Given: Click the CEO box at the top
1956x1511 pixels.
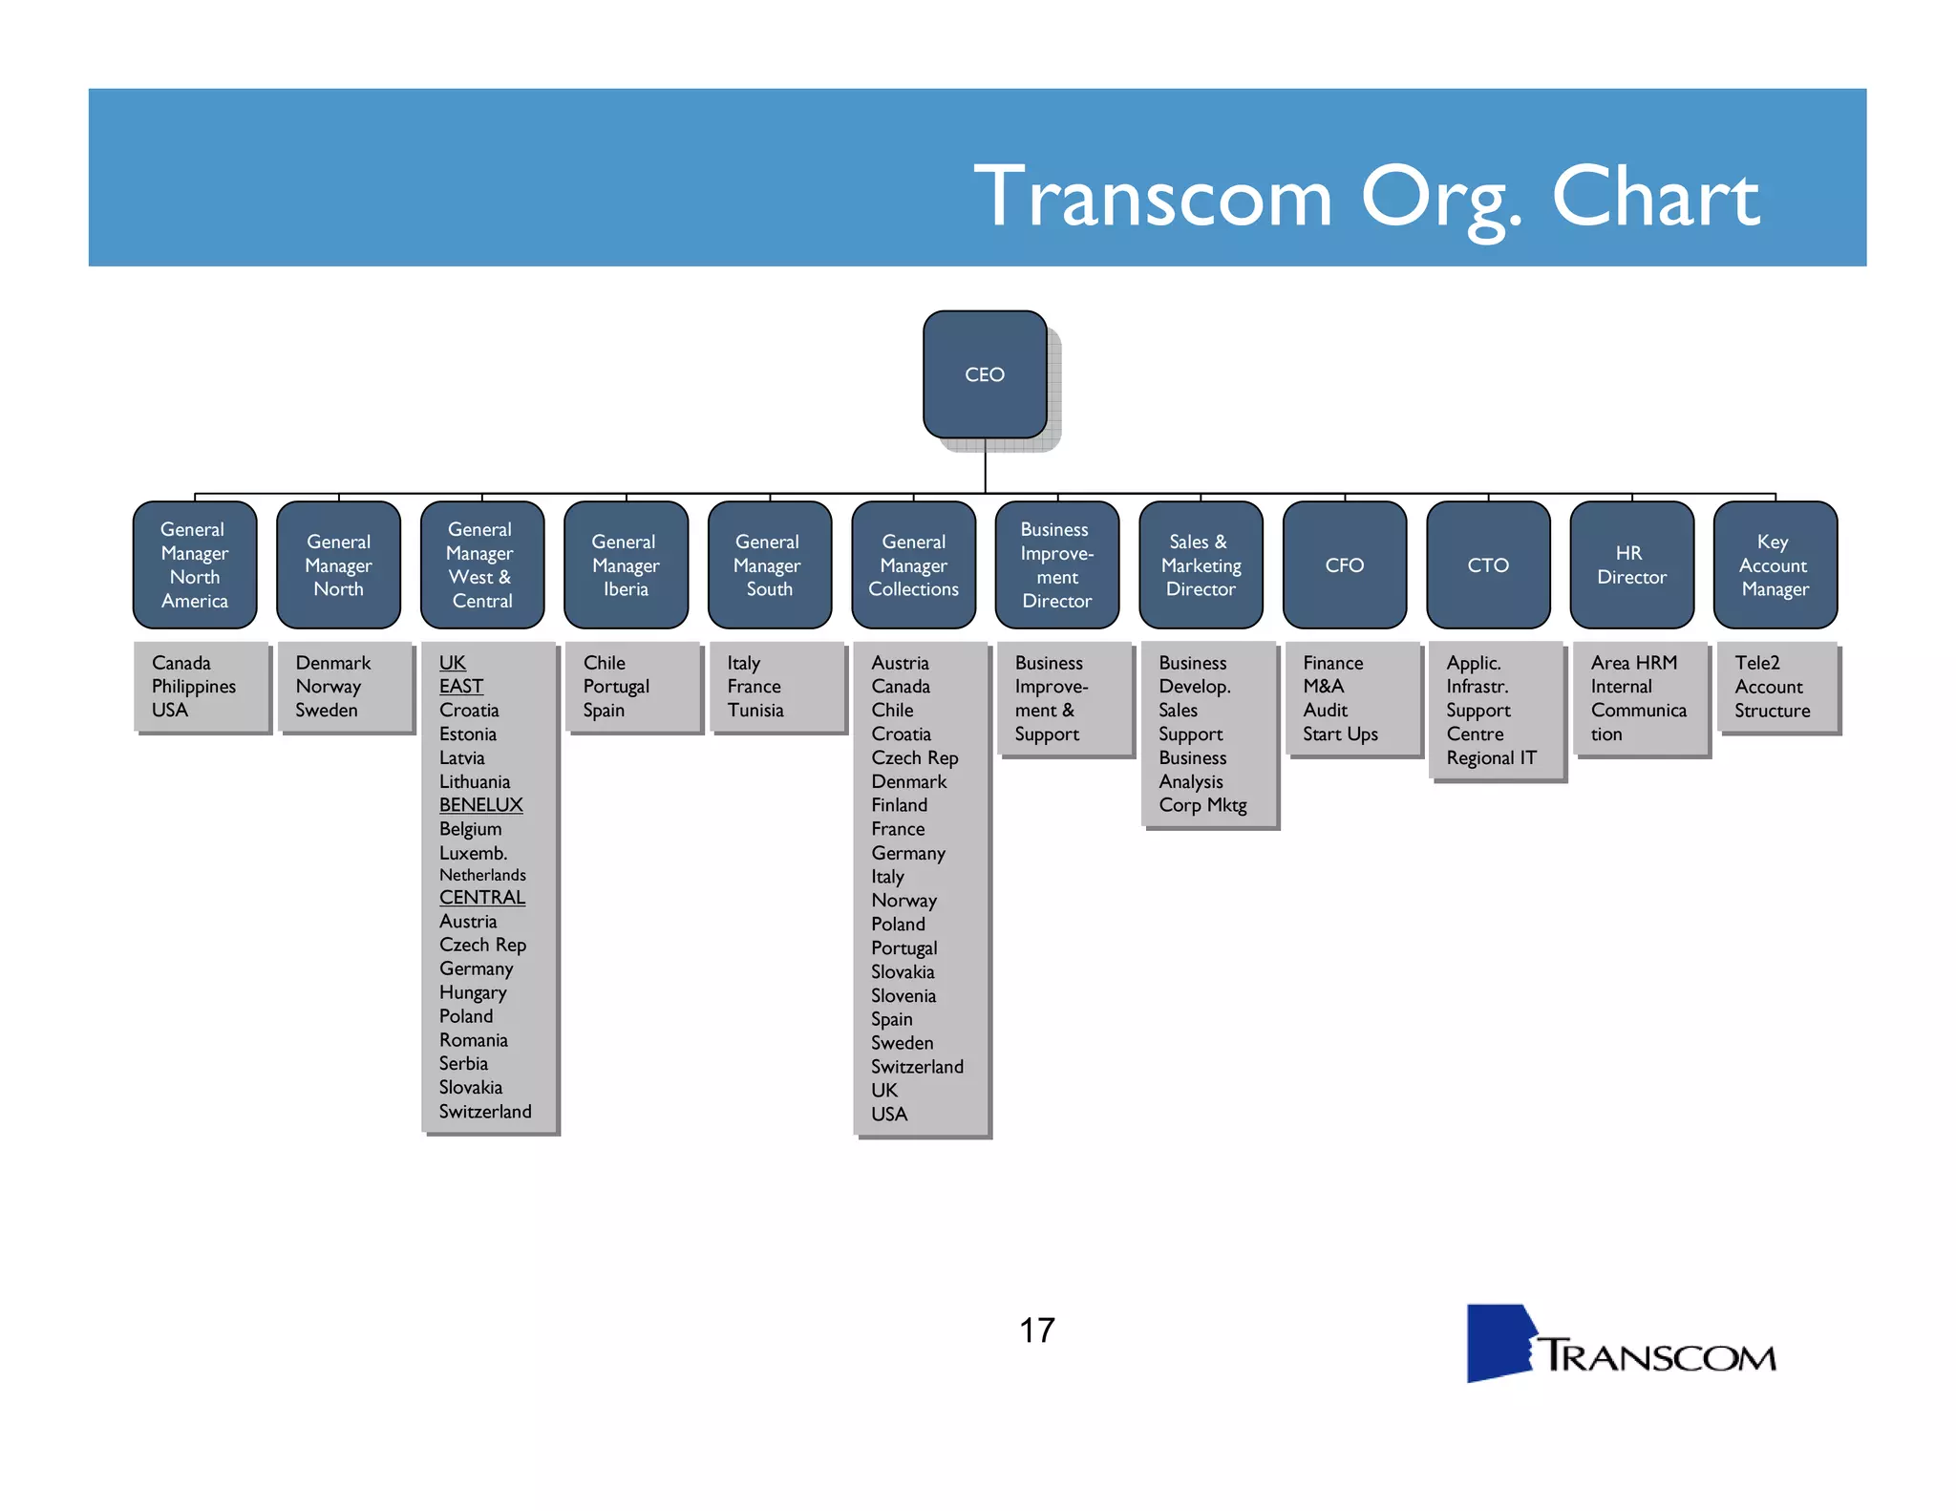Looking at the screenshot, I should pyautogui.click(x=985, y=374).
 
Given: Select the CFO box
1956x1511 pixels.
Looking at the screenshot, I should pyautogui.click(x=1344, y=564).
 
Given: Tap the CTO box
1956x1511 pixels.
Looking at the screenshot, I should pyautogui.click(x=1487, y=564).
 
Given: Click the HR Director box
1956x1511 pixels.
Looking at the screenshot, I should pyautogui.click(x=1631, y=564).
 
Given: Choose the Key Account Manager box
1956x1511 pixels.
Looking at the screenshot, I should pyautogui.click(x=1775, y=564).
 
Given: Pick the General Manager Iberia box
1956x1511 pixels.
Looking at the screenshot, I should pyautogui.click(x=626, y=564).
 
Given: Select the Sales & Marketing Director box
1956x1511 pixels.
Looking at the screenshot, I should pyautogui.click(x=1201, y=564).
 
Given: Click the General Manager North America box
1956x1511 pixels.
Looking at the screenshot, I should pyautogui.click(x=195, y=564).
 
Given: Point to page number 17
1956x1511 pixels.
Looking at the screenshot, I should pyautogui.click(x=1036, y=1330).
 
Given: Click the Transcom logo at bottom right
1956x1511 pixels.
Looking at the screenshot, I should pyautogui.click(x=1621, y=1345).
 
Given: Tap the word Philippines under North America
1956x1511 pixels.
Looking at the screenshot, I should pyautogui.click(x=193, y=687).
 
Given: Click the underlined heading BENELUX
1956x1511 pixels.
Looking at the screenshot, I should pyautogui.click(x=480, y=805).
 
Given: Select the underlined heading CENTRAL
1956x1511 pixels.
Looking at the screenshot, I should pyautogui.click(x=481, y=898).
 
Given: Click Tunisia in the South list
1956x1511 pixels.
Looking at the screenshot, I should pyautogui.click(x=755, y=711).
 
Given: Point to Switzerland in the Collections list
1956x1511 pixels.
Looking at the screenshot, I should pyautogui.click(x=917, y=1067).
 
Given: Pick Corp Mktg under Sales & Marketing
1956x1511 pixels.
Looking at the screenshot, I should pyautogui.click(x=1202, y=805).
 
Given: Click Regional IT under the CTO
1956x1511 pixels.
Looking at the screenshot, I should pyautogui.click(x=1491, y=758).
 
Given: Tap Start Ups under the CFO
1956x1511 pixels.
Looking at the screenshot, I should pyautogui.click(x=1340, y=734).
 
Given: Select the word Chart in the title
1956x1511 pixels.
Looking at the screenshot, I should pyautogui.click(x=1655, y=197).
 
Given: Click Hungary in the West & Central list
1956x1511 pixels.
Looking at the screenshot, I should pyautogui.click(x=473, y=992).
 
